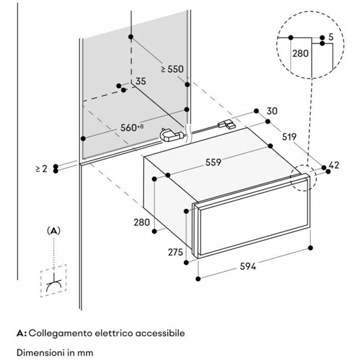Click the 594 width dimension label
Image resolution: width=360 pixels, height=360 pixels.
coord(248,267)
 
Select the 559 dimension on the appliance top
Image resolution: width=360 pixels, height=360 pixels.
coord(213,163)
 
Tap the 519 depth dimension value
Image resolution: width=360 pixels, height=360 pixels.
coord(289,137)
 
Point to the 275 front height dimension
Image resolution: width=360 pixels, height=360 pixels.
coord(175,252)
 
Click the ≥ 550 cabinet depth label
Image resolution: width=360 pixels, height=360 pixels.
coord(172,69)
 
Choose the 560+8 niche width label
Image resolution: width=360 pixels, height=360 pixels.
coord(132,128)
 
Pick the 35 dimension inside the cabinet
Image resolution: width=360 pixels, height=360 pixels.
coord(141,82)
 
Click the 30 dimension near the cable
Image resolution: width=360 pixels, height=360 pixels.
coord(272,111)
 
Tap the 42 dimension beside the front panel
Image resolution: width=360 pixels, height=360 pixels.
coord(334,165)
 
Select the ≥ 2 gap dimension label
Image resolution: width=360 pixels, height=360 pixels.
coord(41,169)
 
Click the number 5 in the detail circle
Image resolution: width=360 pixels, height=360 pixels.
coord(331,37)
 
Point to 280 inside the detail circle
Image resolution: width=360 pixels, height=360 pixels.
coord(300,54)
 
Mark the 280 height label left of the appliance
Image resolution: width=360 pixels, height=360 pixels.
coord(142,222)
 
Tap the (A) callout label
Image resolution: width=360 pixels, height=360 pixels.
coord(54,231)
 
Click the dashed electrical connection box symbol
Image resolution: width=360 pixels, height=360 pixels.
coord(54,281)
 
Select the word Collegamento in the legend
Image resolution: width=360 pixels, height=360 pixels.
coord(60,333)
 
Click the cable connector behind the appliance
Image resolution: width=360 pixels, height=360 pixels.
coord(227,124)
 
